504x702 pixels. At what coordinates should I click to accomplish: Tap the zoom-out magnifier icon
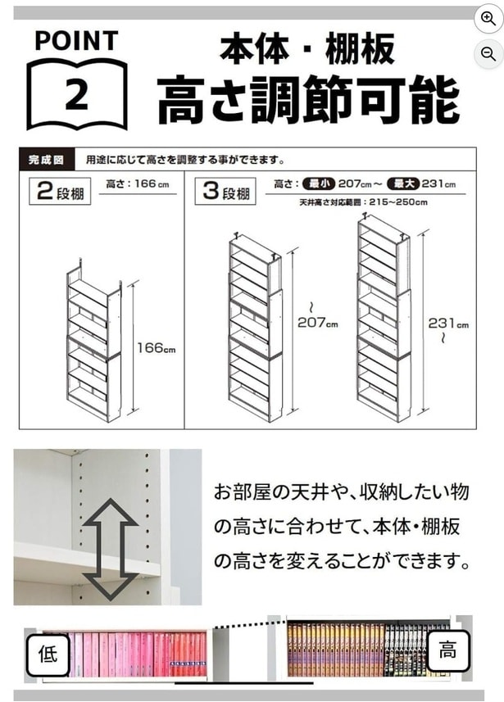[488, 54]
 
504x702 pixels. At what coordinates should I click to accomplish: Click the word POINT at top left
[76, 40]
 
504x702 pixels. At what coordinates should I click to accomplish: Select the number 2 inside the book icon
[76, 94]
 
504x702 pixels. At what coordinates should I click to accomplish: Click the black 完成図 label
[46, 160]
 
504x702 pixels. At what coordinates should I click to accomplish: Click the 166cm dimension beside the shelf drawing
[157, 349]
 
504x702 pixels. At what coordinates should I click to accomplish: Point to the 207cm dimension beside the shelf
[318, 324]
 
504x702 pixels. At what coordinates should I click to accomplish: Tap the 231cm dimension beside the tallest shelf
[448, 324]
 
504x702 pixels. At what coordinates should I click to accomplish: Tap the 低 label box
[47, 653]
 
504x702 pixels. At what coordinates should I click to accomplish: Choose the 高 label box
[447, 651]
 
